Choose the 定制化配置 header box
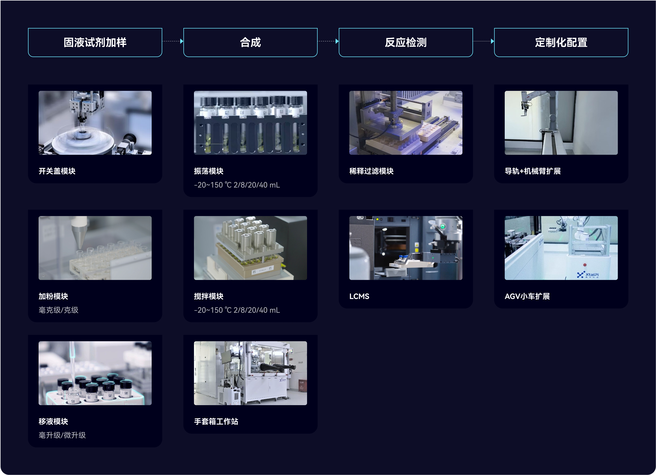(x=561, y=43)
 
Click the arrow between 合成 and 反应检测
(x=328, y=41)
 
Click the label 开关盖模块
(x=57, y=171)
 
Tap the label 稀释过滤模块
(x=371, y=171)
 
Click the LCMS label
(x=359, y=296)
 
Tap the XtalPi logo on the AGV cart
(x=587, y=275)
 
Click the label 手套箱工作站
(x=216, y=422)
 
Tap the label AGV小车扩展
(x=527, y=296)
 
